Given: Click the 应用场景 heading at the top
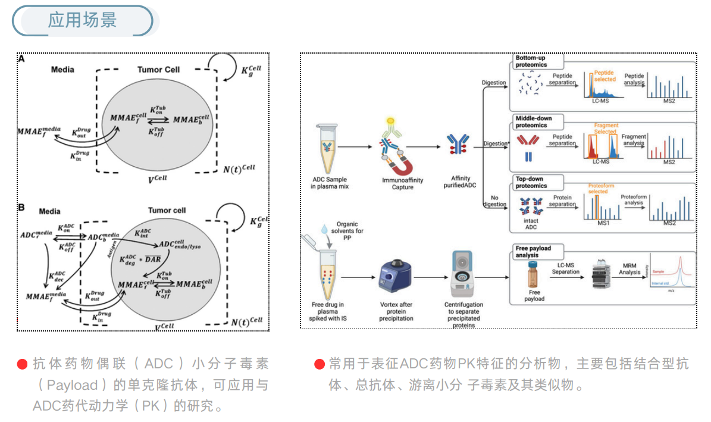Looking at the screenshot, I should pos(83,20).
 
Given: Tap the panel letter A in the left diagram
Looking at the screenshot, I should pos(21,59).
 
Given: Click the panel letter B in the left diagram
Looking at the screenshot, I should pos(21,208).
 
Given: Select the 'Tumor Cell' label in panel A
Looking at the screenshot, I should pos(158,70).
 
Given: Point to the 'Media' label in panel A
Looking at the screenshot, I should pos(62,70).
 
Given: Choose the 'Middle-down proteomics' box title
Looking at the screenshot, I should pos(534,122).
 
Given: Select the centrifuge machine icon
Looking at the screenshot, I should pos(465,274).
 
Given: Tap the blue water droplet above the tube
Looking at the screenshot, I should pos(324,229).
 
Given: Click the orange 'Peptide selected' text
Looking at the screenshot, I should pos(604,76).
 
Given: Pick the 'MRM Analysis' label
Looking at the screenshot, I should pos(629,268).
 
